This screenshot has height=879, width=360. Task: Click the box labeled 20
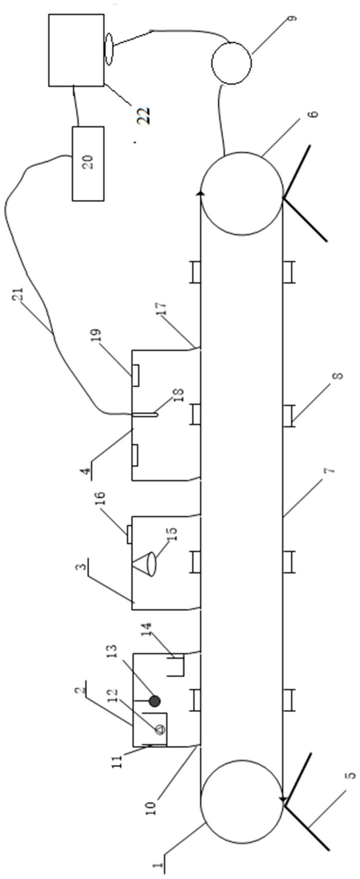tap(88, 163)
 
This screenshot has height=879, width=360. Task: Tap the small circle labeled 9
tap(232, 63)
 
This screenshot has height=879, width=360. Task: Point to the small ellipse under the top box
tap(108, 49)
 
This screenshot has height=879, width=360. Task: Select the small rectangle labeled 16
tap(130, 534)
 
